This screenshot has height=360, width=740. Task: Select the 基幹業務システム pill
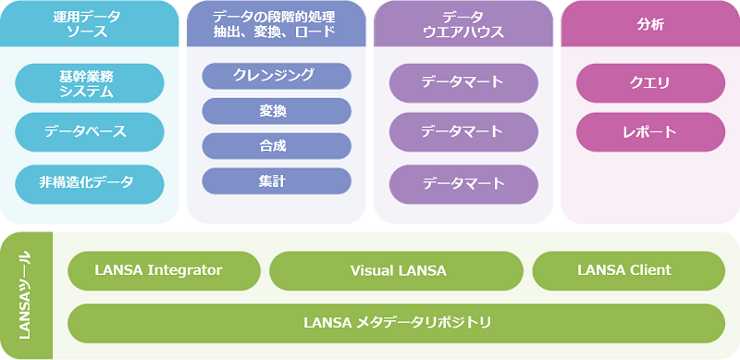point(89,82)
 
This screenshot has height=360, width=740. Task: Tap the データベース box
point(89,131)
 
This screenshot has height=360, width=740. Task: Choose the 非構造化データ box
point(89,183)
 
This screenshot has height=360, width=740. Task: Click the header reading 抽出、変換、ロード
point(276,24)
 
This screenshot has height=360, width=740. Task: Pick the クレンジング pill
point(276,76)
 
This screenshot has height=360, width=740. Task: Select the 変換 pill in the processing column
point(276,111)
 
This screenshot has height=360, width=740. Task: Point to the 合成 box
point(276,146)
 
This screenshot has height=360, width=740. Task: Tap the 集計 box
point(276,181)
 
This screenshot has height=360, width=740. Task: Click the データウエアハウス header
point(463,24)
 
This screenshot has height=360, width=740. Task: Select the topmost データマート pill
point(463,82)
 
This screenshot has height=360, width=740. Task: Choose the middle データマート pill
point(463,131)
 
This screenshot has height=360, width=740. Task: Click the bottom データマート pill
point(463,183)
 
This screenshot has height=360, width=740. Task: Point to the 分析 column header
point(650,24)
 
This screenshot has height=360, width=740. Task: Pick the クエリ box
point(650,82)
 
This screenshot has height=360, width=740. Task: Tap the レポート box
point(650,131)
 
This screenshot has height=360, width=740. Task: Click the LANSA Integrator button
point(164,270)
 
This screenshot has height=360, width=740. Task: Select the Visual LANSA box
point(398,270)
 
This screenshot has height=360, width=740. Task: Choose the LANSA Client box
point(628,270)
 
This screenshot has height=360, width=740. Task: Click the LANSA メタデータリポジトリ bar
point(397,322)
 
